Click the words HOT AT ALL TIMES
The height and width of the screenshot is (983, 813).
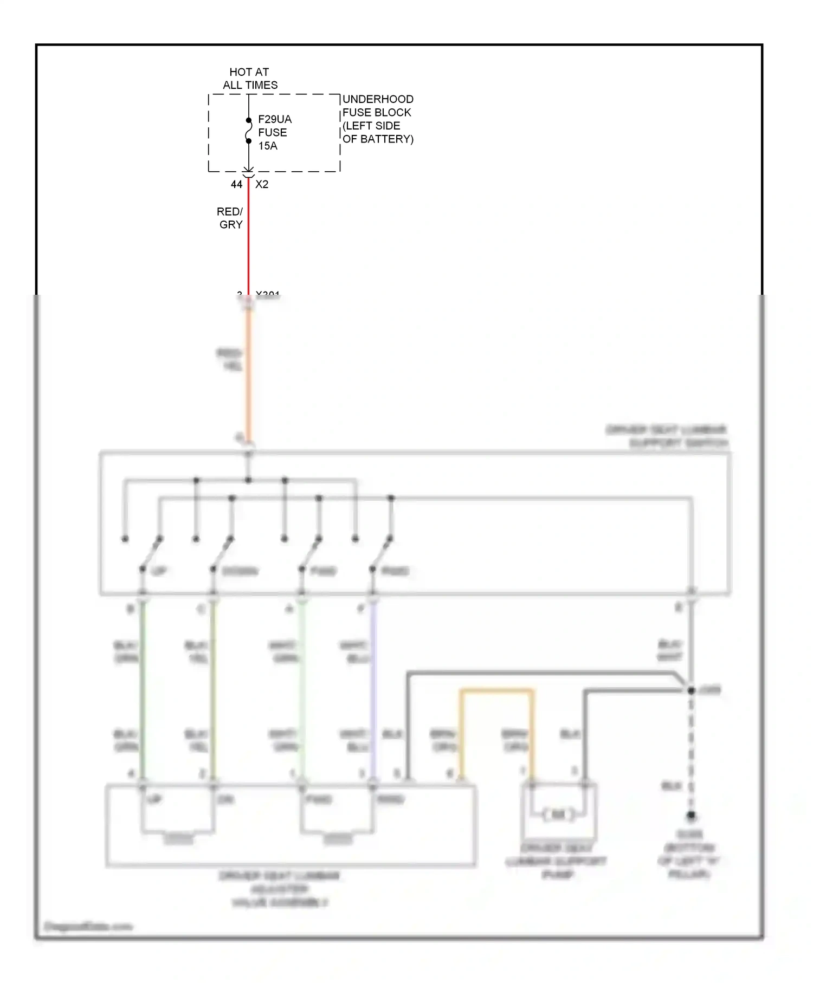(249, 79)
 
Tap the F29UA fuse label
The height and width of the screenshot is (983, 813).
(275, 119)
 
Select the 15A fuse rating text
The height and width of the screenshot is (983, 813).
(268, 146)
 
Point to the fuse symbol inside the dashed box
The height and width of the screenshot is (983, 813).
(249, 131)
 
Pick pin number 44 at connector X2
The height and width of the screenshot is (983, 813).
(236, 185)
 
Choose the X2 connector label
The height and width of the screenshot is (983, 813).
(262, 185)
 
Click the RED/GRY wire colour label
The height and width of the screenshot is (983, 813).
(230, 218)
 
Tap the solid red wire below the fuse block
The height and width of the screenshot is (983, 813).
(249, 238)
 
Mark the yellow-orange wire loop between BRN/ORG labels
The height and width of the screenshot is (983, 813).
(496, 691)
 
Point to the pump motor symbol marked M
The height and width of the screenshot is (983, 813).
(558, 814)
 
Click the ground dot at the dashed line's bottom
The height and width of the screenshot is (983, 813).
(691, 815)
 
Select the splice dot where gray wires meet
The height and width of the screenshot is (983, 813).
(691, 690)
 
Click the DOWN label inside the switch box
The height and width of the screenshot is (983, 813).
(240, 571)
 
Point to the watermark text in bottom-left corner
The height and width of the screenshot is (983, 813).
(88, 926)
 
